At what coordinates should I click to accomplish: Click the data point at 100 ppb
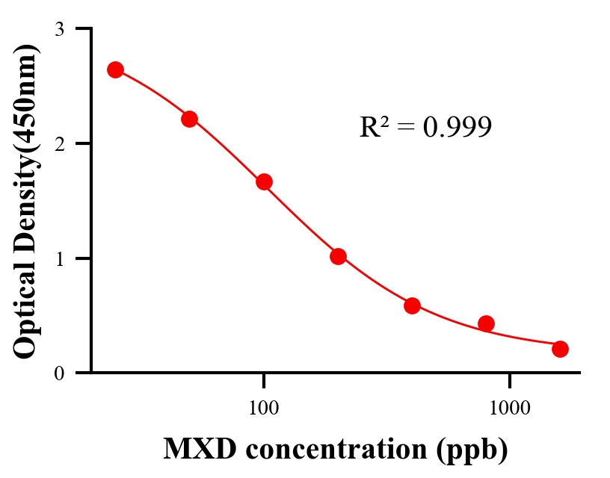click(264, 181)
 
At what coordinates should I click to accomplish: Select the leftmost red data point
click(115, 69)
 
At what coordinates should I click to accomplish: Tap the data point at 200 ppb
click(338, 256)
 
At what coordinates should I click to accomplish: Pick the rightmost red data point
click(560, 349)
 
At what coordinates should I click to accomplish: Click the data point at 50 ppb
click(189, 119)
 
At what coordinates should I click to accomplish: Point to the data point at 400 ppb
click(412, 305)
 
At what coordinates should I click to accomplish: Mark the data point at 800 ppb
click(486, 323)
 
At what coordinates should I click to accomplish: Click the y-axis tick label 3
click(60, 29)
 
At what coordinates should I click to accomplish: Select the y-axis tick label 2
click(60, 143)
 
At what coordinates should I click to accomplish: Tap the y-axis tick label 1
click(60, 258)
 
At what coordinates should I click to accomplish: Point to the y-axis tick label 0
click(60, 373)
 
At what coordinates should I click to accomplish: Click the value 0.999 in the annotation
click(457, 128)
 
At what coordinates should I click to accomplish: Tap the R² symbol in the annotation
click(375, 128)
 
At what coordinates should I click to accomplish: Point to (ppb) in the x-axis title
click(470, 450)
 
